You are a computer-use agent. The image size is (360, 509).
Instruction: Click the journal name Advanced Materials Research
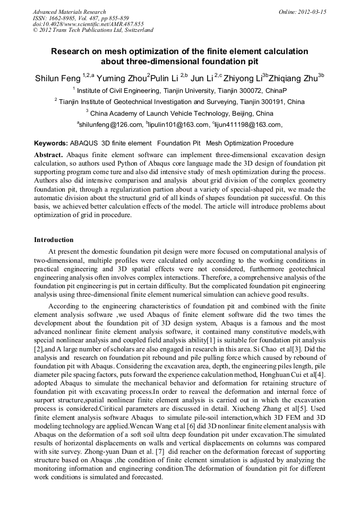click(69, 12)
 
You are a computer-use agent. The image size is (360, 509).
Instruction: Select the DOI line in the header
click(88, 24)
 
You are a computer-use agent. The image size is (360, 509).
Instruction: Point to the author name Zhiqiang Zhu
click(295, 79)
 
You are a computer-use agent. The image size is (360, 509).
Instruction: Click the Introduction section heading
click(54, 240)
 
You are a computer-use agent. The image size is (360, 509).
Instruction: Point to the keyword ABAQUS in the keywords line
click(85, 143)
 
